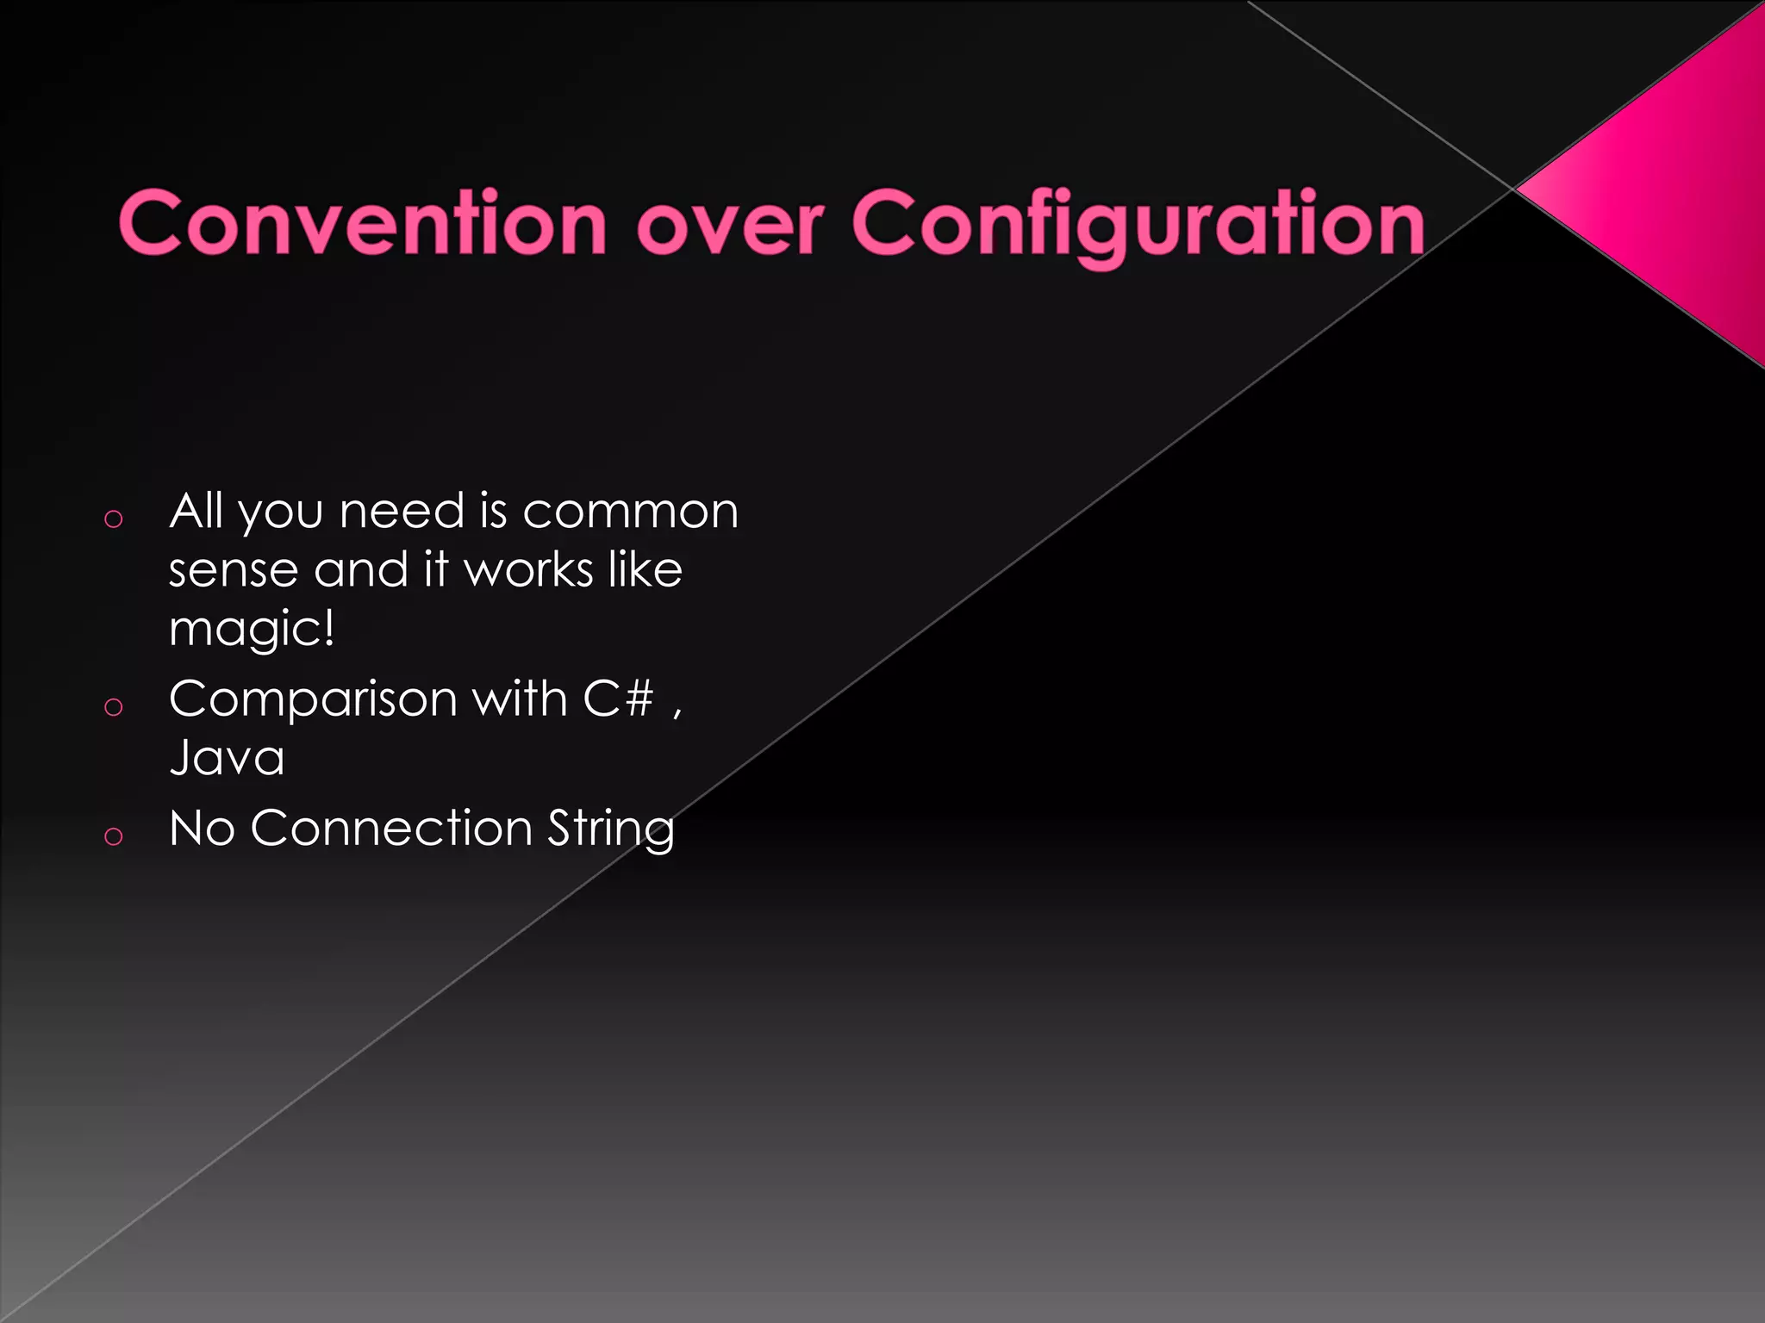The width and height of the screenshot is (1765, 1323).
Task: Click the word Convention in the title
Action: coord(362,222)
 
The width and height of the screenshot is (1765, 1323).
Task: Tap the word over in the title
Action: coord(729,224)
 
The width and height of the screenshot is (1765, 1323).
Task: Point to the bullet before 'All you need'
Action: coord(113,519)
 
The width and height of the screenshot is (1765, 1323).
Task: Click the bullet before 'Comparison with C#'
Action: coord(113,707)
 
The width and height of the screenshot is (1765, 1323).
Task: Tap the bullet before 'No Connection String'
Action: coord(113,835)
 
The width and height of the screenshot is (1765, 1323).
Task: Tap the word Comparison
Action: coord(313,699)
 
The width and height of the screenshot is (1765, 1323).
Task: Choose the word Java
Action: coord(227,758)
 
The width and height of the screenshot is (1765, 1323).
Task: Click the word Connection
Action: coord(391,829)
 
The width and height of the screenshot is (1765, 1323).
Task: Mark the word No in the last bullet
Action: coord(202,829)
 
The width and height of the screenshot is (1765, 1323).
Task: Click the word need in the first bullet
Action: coord(402,512)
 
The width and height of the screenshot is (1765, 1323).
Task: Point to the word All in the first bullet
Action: coord(196,511)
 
